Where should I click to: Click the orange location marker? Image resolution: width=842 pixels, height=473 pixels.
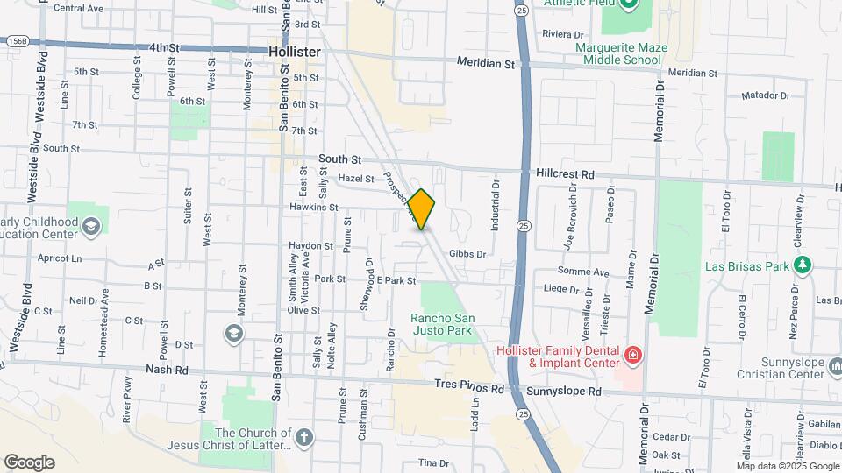coord(422,209)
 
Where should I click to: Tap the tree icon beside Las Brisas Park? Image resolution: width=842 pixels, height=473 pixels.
coord(801,264)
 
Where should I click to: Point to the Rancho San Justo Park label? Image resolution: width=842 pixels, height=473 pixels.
coord(442,324)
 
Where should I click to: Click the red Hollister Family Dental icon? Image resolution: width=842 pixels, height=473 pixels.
coord(632,356)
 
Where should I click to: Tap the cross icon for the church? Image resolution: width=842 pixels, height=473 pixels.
coord(303,438)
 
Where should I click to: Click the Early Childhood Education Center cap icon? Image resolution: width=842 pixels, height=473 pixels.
coord(91,228)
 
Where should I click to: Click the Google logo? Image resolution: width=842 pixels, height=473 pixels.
coord(29,462)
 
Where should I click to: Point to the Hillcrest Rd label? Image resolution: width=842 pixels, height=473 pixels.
coord(565,174)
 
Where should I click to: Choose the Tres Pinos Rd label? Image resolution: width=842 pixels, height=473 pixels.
coord(470,385)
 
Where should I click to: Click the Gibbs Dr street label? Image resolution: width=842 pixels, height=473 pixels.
coord(467,253)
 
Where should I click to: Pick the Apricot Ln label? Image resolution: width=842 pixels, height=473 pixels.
coord(60,258)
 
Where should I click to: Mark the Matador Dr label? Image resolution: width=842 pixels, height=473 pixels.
coord(766,95)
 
